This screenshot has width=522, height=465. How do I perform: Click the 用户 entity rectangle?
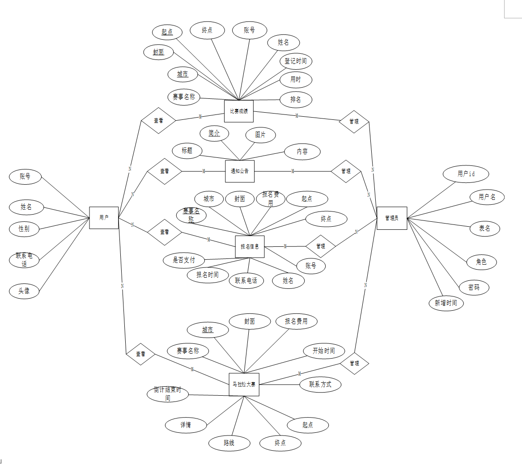[x=104, y=218]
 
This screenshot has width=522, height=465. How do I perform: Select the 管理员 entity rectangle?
[x=392, y=218]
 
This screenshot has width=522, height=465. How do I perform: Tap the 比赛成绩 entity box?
[x=239, y=111]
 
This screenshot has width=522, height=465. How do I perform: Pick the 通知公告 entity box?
[x=240, y=171]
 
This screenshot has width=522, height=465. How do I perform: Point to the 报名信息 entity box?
[x=250, y=247]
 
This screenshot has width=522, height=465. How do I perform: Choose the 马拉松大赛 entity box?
[x=244, y=385]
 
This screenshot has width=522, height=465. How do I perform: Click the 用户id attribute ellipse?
[x=466, y=174]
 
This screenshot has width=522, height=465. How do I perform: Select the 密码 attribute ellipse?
[x=474, y=287]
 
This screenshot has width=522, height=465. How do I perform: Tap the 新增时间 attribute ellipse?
[x=446, y=303]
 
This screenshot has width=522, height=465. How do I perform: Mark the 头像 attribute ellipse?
[x=24, y=291]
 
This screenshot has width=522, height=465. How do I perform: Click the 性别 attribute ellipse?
[x=24, y=229]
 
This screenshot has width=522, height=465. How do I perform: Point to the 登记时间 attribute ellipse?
[x=296, y=61]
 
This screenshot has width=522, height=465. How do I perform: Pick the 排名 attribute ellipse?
[x=296, y=100]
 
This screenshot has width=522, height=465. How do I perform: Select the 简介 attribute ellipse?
[x=214, y=133]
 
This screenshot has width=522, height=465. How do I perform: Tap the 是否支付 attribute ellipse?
[x=184, y=260]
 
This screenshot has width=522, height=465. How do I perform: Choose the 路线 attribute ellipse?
[x=229, y=443]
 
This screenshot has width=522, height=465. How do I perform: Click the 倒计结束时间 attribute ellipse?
[x=168, y=394]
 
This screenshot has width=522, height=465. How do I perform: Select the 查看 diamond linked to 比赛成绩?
[x=158, y=121]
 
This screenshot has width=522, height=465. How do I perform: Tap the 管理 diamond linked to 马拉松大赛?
[x=354, y=364]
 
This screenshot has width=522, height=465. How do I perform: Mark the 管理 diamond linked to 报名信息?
[x=321, y=246]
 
